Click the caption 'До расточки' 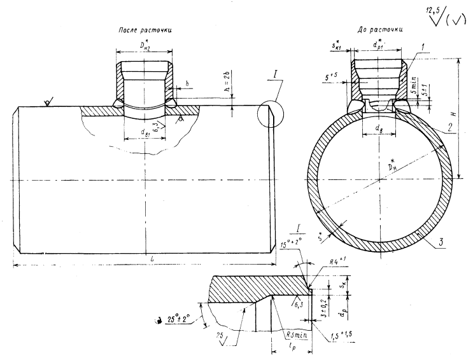pos(380,30)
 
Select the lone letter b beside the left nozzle pos(187,83)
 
